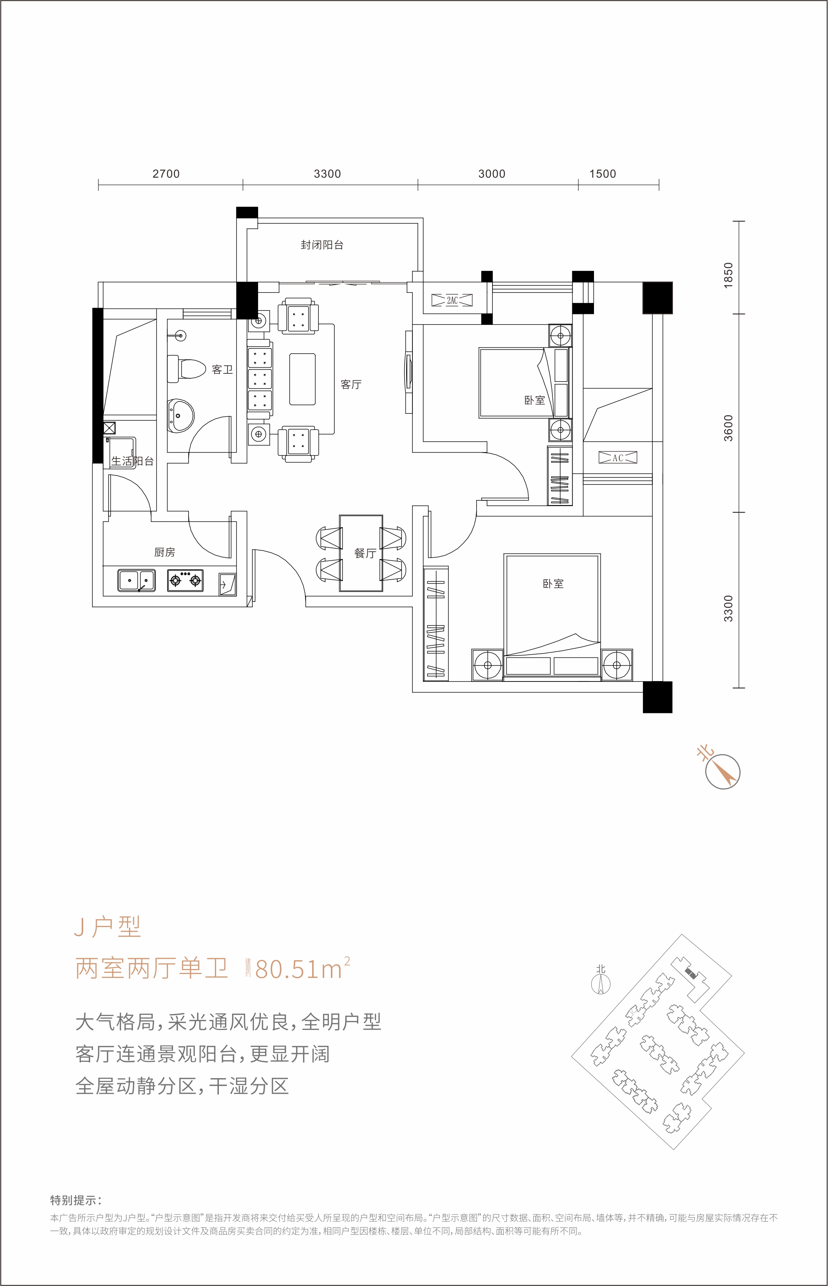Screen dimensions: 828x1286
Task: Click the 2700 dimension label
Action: coord(166,174)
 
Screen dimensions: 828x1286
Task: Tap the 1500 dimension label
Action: coord(602,174)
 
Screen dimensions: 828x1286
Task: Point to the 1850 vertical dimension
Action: coord(728,275)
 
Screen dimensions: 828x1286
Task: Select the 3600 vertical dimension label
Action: coord(728,428)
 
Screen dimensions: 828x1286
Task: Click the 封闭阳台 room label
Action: coord(321,245)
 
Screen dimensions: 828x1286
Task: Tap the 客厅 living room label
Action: coord(351,384)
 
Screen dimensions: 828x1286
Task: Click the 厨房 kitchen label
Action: coord(164,552)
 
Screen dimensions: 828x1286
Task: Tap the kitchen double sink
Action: coord(136,580)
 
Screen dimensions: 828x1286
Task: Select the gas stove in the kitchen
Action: coord(185,580)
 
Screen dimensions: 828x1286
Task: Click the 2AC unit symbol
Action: coord(452,300)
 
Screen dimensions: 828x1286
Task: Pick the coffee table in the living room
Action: coord(302,379)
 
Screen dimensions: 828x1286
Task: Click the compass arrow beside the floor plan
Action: coord(723,772)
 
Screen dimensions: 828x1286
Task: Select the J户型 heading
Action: coord(108,927)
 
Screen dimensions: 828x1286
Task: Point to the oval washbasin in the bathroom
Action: coord(180,415)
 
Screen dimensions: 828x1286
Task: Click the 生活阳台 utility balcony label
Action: coord(132,461)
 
